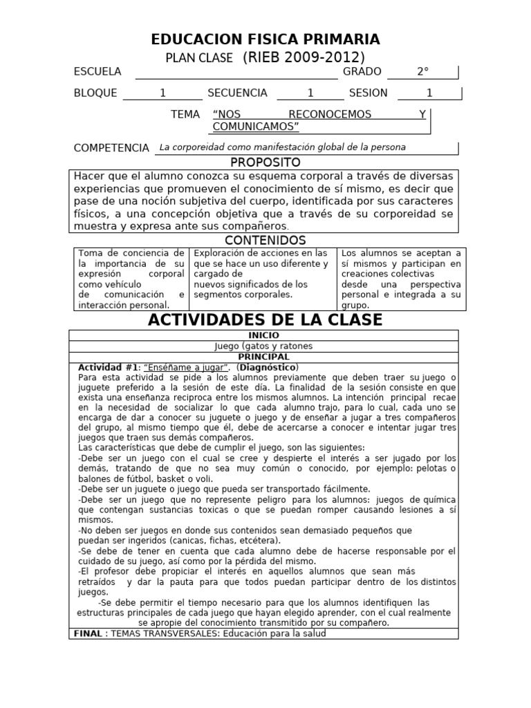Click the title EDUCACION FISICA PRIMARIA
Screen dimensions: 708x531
click(265, 39)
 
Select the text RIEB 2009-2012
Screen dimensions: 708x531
click(304, 57)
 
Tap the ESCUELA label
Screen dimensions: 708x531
click(97, 72)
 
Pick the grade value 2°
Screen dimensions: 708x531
click(422, 72)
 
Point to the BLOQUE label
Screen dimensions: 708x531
click(95, 93)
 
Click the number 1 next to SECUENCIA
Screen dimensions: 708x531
click(310, 93)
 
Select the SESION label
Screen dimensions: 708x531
click(368, 93)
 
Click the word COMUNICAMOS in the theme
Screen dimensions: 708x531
click(255, 127)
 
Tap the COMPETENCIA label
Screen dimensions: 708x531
click(111, 148)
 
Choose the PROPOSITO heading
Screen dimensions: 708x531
click(265, 162)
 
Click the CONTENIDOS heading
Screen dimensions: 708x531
click(265, 241)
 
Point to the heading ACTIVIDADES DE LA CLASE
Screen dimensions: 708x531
click(265, 320)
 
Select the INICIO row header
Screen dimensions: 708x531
click(263, 335)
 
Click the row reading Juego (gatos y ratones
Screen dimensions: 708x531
click(263, 346)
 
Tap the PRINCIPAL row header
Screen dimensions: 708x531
click(263, 357)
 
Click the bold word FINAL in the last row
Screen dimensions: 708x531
click(88, 633)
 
